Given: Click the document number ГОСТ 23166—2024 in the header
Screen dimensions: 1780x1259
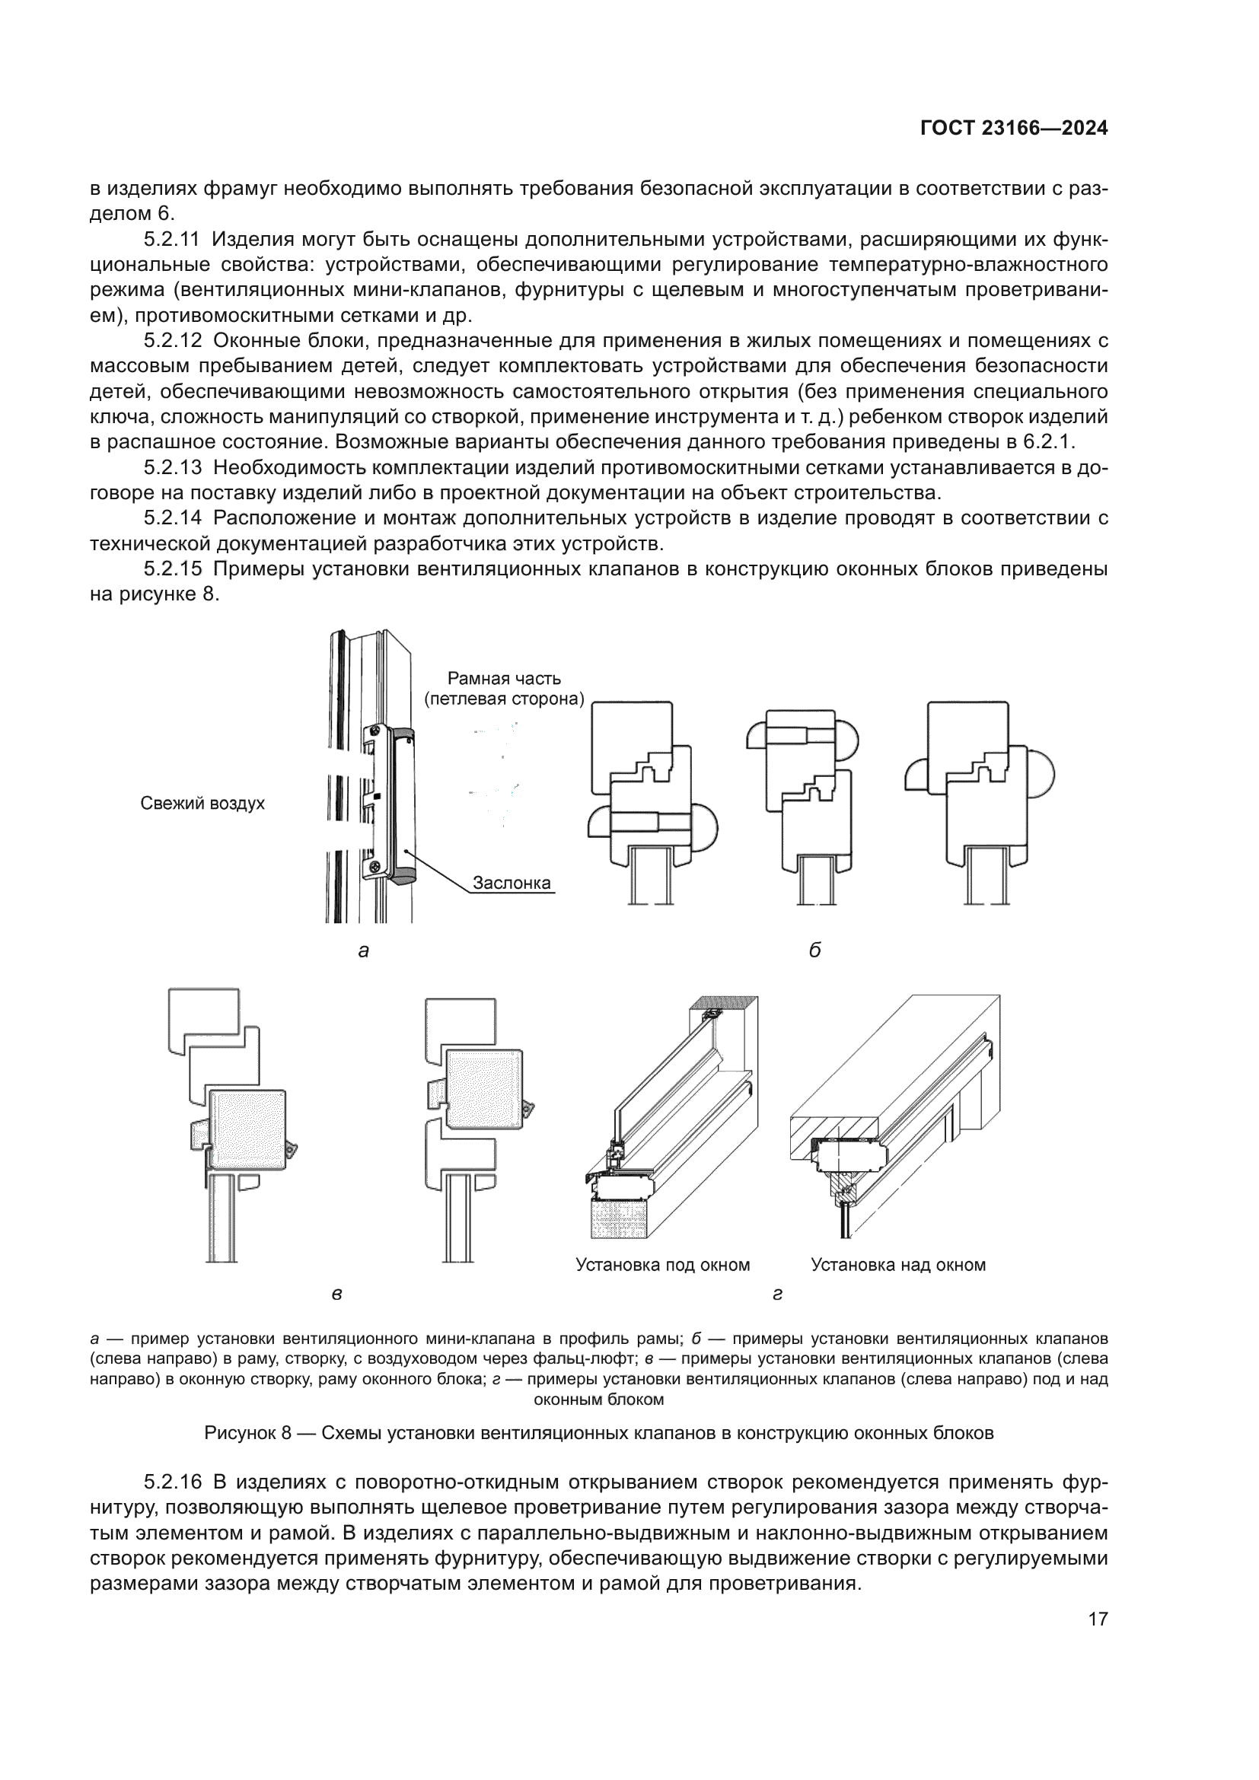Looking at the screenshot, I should (1013, 129).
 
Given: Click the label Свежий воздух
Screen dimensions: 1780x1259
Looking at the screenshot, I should (202, 803).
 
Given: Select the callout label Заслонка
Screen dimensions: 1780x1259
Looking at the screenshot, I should (512, 882).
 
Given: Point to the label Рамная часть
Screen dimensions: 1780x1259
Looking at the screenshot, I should (504, 678).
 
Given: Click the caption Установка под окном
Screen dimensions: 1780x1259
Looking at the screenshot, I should (663, 1266).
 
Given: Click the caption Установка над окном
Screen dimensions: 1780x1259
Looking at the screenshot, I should (897, 1266).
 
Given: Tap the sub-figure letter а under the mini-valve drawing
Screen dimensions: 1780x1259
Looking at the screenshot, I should (364, 951).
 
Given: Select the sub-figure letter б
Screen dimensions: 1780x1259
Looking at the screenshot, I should (814, 951).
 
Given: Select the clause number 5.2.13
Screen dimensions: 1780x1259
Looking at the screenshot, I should (173, 467).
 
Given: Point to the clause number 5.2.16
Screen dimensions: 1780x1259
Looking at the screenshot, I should (173, 1482).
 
